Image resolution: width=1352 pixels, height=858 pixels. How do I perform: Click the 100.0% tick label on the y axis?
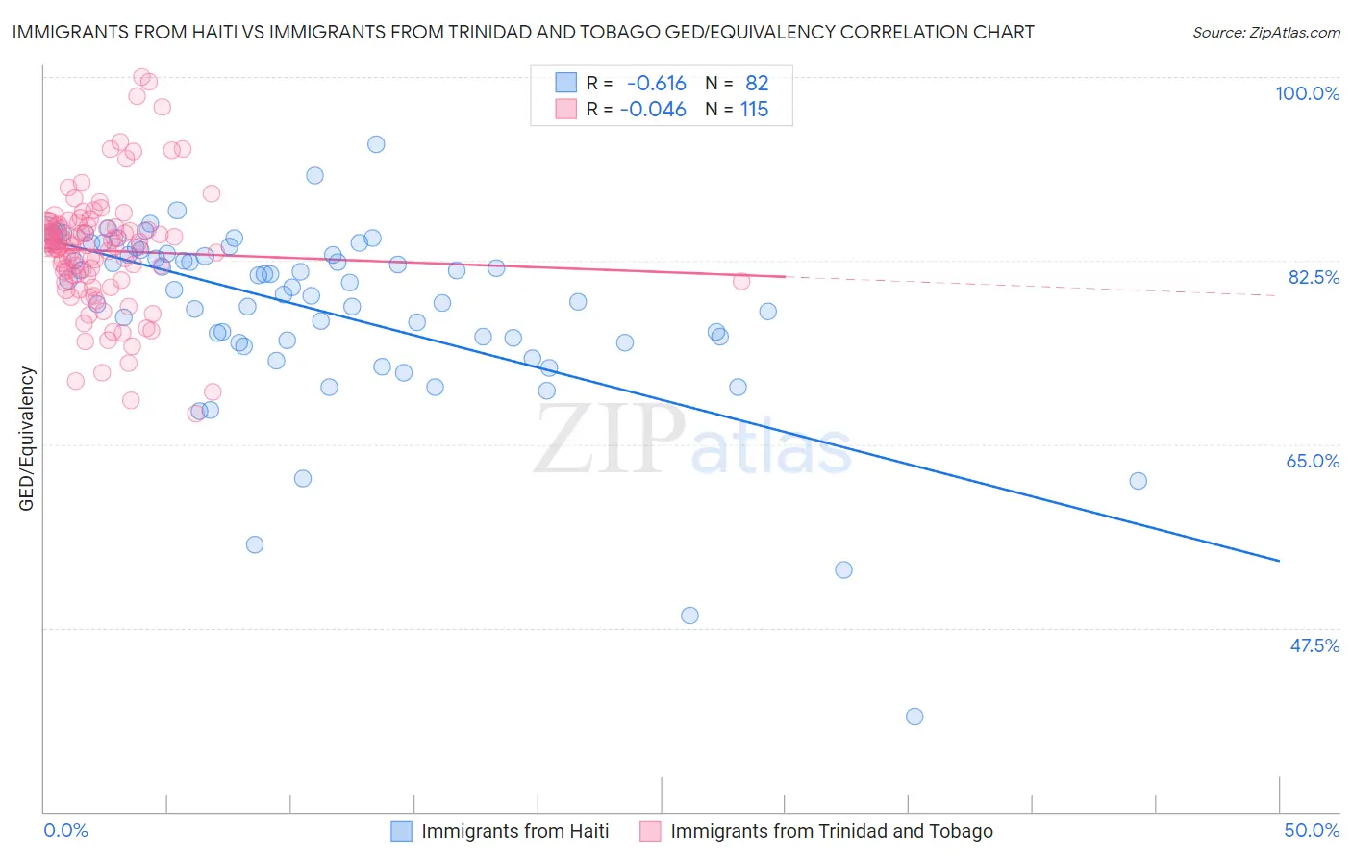(x=1307, y=93)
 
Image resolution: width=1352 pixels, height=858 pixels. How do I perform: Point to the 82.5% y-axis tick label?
(x=1314, y=277)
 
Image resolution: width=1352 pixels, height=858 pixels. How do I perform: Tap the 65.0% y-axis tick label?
(x=1313, y=461)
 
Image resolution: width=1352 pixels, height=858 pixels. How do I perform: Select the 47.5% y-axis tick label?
(x=1314, y=645)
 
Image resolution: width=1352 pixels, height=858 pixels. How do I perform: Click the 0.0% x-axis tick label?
(x=65, y=830)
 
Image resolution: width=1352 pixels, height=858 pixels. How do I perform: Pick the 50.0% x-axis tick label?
(x=1312, y=830)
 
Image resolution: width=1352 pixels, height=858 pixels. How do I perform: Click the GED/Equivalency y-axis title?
(x=27, y=439)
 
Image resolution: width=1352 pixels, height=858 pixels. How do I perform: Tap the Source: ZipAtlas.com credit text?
(x=1265, y=33)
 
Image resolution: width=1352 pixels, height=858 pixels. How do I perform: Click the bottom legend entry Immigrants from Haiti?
(x=514, y=831)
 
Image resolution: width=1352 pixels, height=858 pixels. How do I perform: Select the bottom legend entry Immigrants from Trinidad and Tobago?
(x=831, y=831)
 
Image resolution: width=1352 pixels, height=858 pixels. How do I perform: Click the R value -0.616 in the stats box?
(x=656, y=84)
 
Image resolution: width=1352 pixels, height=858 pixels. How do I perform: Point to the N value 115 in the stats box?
(x=754, y=110)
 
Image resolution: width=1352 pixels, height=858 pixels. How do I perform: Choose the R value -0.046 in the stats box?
(x=653, y=110)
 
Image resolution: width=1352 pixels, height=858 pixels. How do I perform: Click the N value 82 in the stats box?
(x=757, y=84)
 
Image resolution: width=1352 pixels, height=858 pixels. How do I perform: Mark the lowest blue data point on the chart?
(x=914, y=717)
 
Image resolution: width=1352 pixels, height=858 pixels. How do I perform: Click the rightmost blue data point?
(x=1139, y=481)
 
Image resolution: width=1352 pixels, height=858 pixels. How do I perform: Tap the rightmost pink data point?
(x=741, y=281)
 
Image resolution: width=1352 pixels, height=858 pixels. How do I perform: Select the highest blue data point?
(x=376, y=144)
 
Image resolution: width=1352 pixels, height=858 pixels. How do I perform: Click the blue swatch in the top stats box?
(x=566, y=84)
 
